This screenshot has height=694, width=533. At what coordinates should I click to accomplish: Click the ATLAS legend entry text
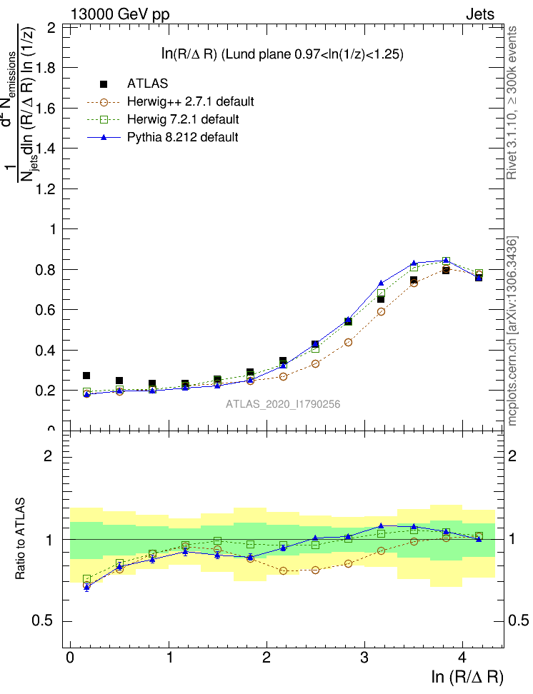coord(148,84)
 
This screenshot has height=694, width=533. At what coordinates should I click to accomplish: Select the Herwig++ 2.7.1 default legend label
coord(191,101)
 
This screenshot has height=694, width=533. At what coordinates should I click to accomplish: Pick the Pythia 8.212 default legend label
coord(183,136)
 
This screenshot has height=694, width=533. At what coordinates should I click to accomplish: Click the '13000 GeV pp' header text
coord(120,14)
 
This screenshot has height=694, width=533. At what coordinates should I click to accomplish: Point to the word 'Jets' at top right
coord(479,14)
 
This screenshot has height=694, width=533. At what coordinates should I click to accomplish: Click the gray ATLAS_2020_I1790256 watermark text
coord(283,404)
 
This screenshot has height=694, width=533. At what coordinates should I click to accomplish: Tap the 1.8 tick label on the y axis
coord(49,68)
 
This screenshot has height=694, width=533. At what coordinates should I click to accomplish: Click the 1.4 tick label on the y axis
coord(49,149)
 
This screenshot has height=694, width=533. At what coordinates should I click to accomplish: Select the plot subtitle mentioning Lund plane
coord(282,54)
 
